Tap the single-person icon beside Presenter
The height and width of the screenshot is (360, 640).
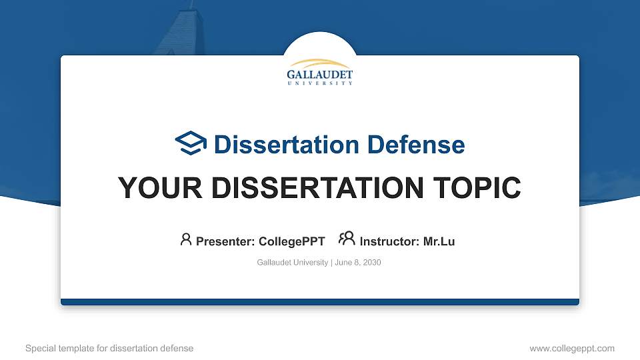pos(186,239)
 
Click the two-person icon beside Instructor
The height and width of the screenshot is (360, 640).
pos(347,239)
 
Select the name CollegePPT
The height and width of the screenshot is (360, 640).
pos(291,241)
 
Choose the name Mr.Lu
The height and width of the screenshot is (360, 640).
pos(439,241)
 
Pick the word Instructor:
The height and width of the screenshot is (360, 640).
pos(389,241)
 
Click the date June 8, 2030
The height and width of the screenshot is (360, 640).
pos(358,263)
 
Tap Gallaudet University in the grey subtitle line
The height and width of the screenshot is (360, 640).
pos(292,263)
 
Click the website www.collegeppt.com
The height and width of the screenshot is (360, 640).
pos(571,348)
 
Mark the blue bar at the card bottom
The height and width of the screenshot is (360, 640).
pos(320,302)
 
